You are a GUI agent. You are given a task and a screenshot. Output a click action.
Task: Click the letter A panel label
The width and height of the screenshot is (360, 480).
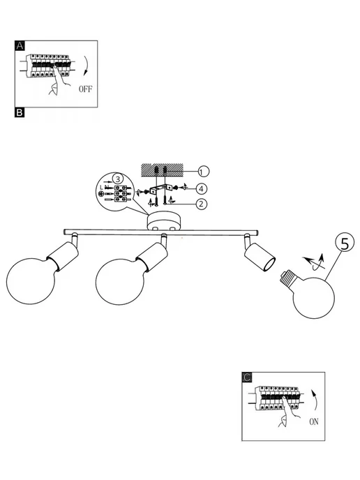[20, 46]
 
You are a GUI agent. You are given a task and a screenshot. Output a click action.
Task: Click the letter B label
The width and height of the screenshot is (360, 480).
[20, 112]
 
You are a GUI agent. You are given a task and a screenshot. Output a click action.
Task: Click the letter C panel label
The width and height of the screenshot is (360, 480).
[247, 377]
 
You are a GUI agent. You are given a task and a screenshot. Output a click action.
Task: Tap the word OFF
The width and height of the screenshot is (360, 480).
[85, 89]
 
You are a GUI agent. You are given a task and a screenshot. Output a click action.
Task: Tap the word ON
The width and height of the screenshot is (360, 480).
[314, 421]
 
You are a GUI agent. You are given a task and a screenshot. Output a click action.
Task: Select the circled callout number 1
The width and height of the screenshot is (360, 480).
[203, 172]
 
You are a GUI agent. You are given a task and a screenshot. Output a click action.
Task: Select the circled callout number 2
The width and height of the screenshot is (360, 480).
[201, 204]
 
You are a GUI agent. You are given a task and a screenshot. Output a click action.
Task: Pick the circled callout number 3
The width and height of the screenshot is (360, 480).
[118, 179]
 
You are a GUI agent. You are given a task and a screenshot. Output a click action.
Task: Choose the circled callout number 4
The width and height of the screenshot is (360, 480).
[201, 189]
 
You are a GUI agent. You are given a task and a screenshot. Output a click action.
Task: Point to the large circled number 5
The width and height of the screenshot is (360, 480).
[345, 244]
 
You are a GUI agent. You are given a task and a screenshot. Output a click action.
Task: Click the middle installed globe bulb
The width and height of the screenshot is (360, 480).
[120, 282]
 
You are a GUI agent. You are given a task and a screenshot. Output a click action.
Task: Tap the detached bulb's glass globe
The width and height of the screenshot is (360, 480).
[313, 297]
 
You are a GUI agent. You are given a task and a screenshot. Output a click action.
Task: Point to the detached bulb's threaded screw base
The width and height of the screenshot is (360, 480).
[287, 278]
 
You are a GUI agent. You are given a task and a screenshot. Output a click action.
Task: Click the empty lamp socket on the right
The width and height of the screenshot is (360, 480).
[260, 257]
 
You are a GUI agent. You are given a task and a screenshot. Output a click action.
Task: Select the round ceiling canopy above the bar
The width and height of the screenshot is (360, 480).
[164, 223]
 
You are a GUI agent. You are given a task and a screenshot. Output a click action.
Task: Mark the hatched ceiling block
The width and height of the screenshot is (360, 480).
[162, 170]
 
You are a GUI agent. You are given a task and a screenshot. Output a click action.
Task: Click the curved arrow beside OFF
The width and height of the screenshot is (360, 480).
[87, 66]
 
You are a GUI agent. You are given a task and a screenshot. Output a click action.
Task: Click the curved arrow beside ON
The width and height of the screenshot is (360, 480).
[315, 400]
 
